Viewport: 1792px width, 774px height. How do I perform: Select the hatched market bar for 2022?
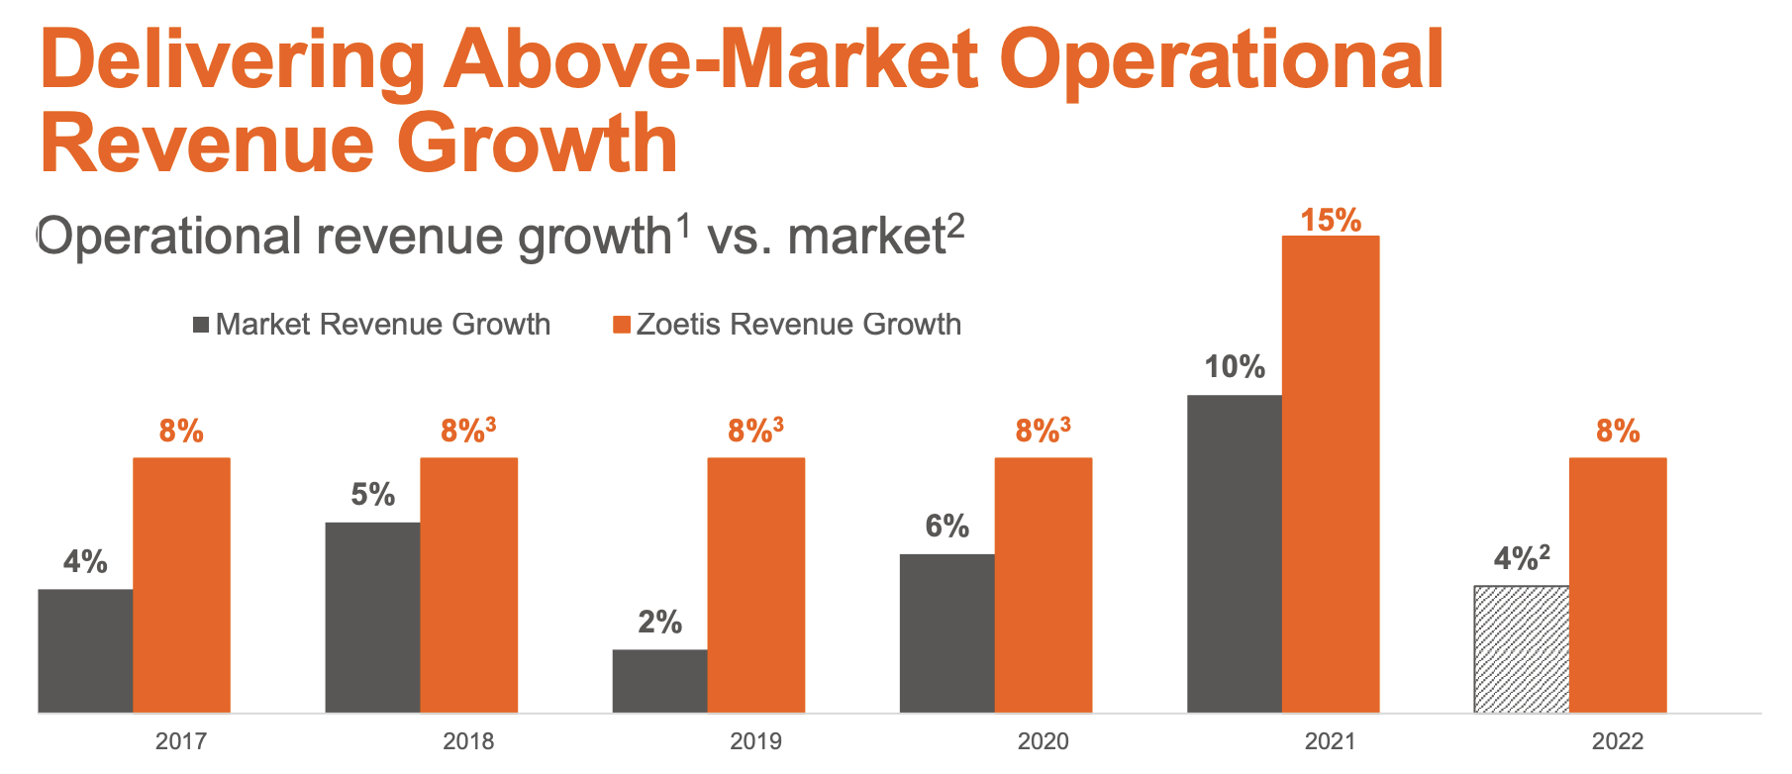(x=1521, y=648)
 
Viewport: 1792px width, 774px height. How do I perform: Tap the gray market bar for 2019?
(x=659, y=680)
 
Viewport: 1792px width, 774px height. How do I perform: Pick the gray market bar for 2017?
(x=85, y=650)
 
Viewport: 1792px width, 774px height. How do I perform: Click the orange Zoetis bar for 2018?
(x=468, y=584)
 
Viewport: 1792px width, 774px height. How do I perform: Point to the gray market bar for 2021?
(x=1234, y=553)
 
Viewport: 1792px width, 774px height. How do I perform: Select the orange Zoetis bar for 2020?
(x=1043, y=584)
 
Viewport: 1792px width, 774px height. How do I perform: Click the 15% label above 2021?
(x=1330, y=220)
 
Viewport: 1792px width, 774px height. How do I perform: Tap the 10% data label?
(x=1234, y=367)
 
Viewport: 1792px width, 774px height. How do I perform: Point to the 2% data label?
(x=659, y=622)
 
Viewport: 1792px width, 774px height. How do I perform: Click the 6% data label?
(x=946, y=526)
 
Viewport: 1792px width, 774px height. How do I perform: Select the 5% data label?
(x=372, y=494)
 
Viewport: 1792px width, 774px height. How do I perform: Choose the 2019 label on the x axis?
(x=755, y=740)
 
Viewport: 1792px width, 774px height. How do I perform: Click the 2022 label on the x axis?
(x=1617, y=740)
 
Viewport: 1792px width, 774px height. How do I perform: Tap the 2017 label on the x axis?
(x=181, y=740)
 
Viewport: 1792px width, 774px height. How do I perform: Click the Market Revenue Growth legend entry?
(x=381, y=325)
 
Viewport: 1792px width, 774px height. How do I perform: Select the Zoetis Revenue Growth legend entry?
(x=797, y=325)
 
